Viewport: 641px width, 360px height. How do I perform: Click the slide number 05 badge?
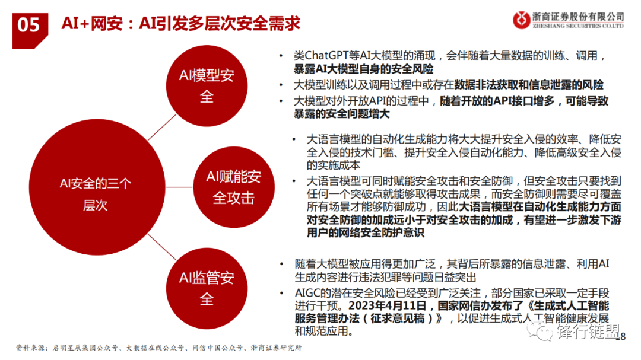(30, 30)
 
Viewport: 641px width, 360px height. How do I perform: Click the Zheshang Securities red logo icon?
(521, 20)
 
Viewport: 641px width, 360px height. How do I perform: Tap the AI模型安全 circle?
(207, 86)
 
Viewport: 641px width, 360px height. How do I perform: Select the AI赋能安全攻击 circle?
(234, 187)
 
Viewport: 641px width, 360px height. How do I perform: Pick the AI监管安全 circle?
(207, 288)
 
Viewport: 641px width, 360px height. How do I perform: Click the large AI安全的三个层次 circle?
(97, 187)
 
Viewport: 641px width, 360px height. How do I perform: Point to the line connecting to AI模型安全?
(162, 127)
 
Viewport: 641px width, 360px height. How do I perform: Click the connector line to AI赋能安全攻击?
(179, 187)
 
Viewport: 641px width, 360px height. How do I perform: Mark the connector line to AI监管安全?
(162, 247)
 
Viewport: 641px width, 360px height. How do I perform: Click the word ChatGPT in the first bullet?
(329, 55)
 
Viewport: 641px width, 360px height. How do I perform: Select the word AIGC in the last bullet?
(307, 293)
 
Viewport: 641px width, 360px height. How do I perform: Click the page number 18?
(621, 336)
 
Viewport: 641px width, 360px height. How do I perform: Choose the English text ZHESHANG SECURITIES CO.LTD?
(578, 26)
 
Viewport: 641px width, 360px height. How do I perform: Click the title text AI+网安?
(91, 23)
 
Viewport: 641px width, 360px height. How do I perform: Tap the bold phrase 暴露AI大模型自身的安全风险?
(363, 69)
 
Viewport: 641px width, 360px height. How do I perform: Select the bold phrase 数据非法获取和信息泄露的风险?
(529, 85)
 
